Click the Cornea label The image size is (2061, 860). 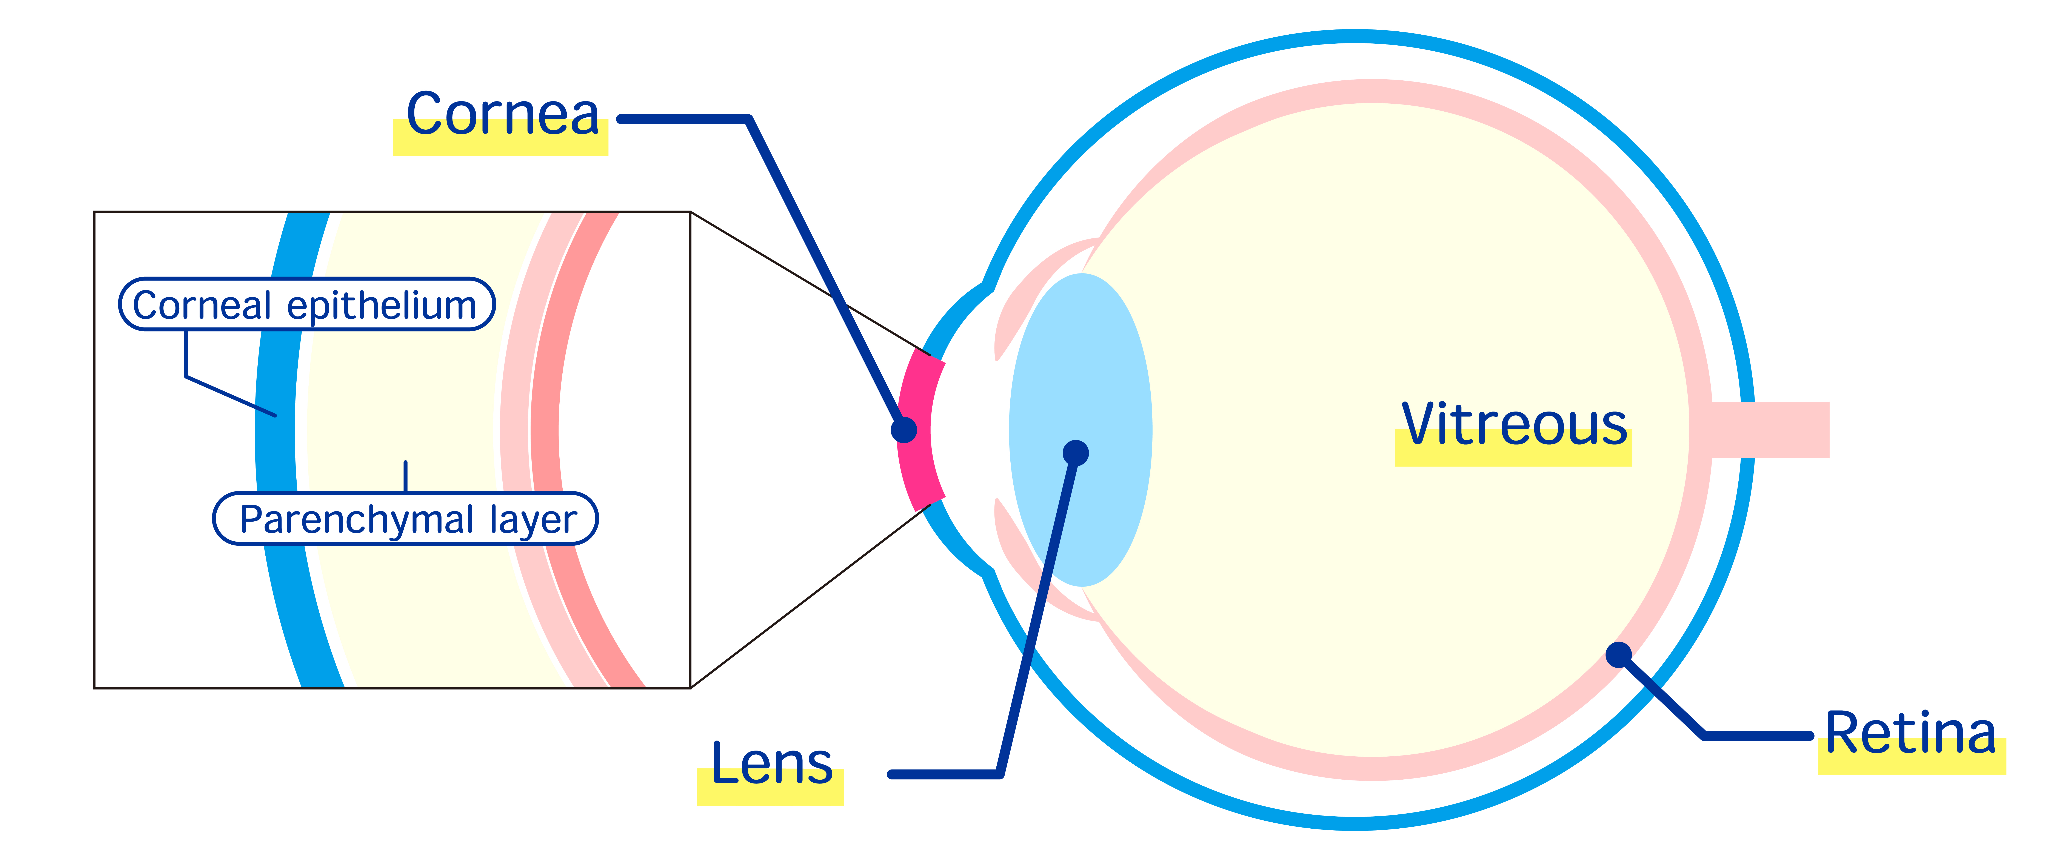point(502,114)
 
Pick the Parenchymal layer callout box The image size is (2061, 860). point(406,518)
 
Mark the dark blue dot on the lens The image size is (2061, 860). point(1076,453)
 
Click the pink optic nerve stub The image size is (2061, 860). point(1770,430)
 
